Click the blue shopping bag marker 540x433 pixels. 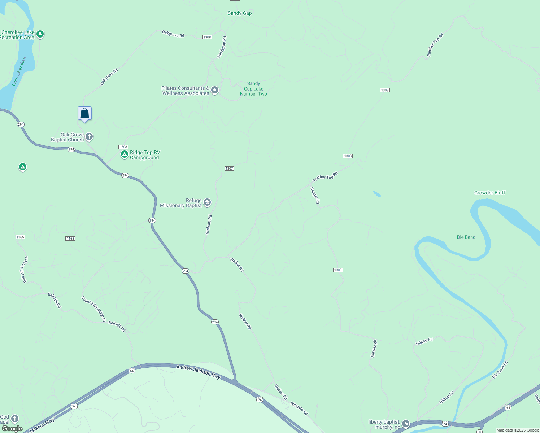84,114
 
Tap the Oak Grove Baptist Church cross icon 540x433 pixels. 89,137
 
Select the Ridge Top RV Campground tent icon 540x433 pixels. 125,154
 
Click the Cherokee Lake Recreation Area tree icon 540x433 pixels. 40,34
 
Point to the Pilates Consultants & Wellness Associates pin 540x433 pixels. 215,90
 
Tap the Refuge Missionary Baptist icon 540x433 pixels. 207,202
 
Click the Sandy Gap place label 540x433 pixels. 240,13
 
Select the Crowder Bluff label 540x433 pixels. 489,193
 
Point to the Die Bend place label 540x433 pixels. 466,237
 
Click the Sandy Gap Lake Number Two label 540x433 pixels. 253,89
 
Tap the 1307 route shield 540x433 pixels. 229,169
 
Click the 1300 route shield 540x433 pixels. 338,270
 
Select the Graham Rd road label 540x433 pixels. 209,225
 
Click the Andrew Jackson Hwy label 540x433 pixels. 198,372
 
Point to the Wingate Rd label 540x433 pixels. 299,408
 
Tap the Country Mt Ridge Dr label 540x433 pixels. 93,309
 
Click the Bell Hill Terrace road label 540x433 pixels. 24,270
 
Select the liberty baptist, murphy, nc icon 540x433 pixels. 406,424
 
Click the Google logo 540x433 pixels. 12,429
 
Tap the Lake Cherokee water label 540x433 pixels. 19,71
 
